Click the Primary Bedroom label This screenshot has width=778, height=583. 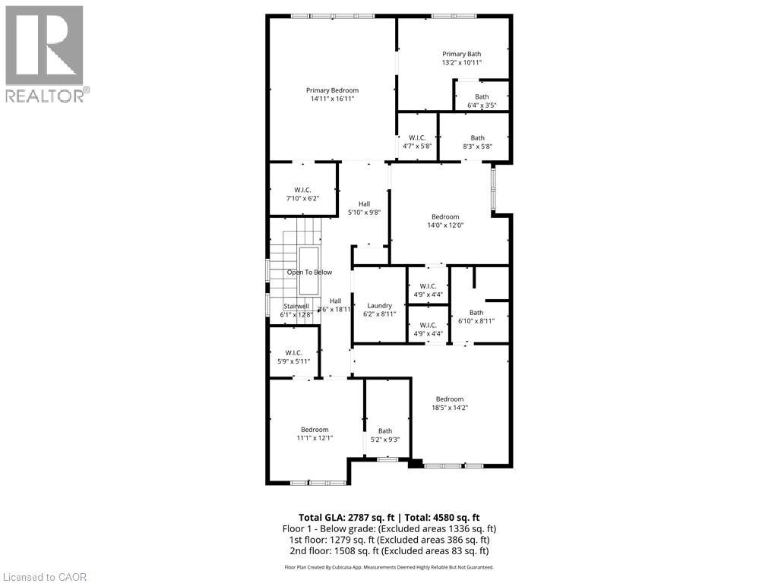332,90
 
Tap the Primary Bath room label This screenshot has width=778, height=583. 462,54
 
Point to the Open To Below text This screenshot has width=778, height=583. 309,272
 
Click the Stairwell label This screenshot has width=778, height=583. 295,306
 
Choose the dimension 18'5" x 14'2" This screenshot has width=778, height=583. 449,408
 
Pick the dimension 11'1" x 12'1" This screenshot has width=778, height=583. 314,438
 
